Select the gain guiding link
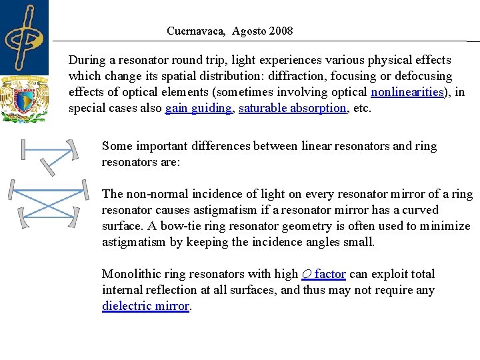point(199,108)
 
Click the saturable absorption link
point(293,108)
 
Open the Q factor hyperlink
point(323,274)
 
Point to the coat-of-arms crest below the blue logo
point(25,99)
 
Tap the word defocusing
point(424,76)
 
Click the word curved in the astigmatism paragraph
point(420,210)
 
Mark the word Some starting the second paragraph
point(116,146)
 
